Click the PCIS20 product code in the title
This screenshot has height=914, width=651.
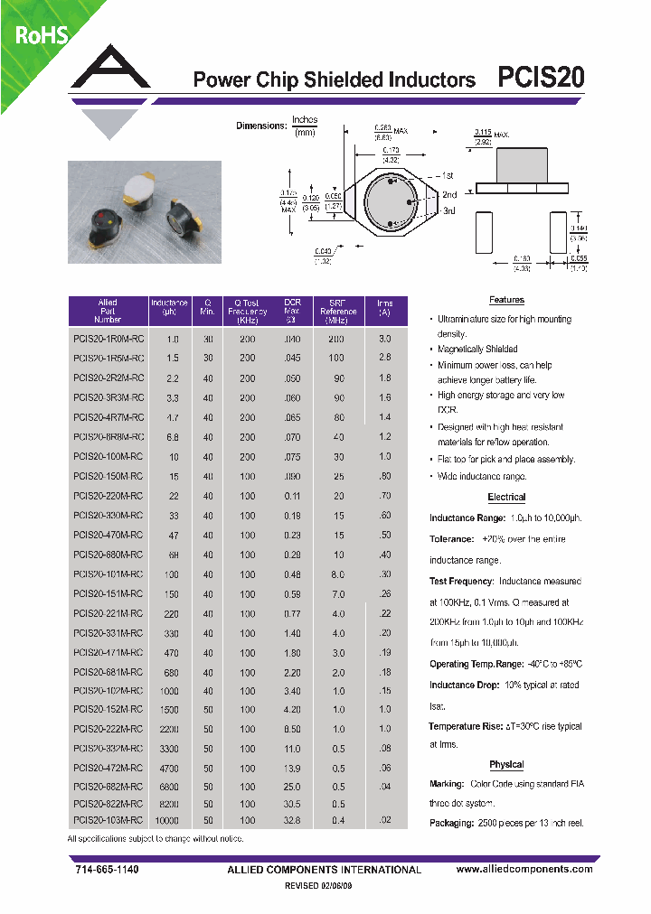pos(542,79)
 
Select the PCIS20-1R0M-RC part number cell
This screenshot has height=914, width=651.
pos(107,338)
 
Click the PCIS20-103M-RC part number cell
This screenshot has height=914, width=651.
pos(107,820)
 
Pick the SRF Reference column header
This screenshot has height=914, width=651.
pos(338,312)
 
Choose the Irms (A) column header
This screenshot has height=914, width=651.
pos(384,307)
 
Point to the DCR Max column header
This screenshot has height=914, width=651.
pos(292,312)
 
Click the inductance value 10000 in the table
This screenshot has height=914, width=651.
pos(167,820)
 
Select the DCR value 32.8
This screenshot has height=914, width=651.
pos(292,820)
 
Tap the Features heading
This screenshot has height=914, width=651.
pos(506,300)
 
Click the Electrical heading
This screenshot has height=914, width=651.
pos(506,498)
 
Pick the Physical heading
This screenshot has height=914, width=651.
pos(506,765)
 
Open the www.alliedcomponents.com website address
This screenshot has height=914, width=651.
pos(524,869)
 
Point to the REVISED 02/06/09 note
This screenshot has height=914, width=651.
pos(325,887)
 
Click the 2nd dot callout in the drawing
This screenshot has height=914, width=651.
pos(449,194)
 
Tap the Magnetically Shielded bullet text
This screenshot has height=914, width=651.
pos(477,349)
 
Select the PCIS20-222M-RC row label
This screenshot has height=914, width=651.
pos(107,728)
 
